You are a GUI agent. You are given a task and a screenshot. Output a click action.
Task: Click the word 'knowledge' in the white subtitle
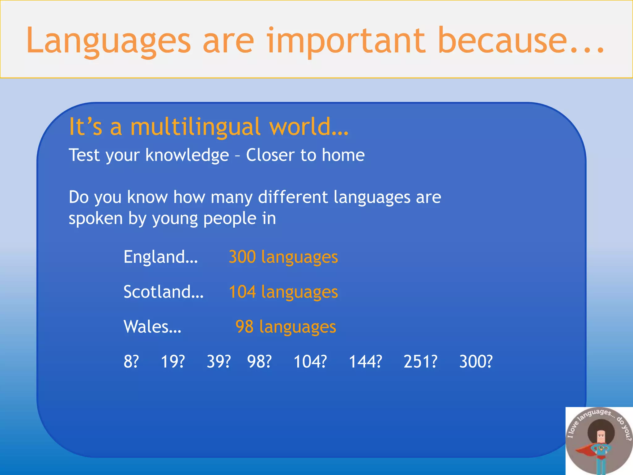pyautogui.click(x=187, y=155)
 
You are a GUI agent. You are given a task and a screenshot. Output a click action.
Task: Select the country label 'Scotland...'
pyautogui.click(x=164, y=292)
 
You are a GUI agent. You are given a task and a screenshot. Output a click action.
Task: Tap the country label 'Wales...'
pyautogui.click(x=152, y=327)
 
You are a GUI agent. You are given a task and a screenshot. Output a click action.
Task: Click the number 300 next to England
pyautogui.click(x=242, y=257)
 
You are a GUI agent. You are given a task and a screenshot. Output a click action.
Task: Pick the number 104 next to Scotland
pyautogui.click(x=242, y=292)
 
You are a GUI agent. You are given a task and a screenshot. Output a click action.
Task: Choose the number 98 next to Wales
pyautogui.click(x=244, y=327)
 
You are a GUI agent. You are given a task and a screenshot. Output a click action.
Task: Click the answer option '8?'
pyautogui.click(x=131, y=362)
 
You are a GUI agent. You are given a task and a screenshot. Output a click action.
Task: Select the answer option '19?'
pyautogui.click(x=173, y=362)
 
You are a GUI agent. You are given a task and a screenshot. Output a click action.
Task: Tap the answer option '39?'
pyautogui.click(x=219, y=362)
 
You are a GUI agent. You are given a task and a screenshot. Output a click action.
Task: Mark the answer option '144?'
pyautogui.click(x=365, y=362)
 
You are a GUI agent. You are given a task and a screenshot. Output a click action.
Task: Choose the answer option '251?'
pyautogui.click(x=420, y=362)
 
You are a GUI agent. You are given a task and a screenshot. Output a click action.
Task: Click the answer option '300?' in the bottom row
pyautogui.click(x=476, y=362)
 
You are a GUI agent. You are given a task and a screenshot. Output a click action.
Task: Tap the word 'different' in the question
pyautogui.click(x=293, y=197)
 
